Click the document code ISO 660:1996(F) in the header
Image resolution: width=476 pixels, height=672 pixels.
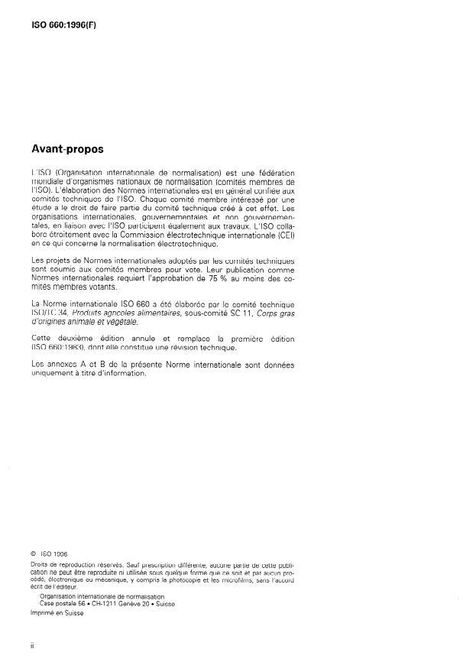coord(64,24)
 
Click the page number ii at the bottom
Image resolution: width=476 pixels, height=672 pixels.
coord(33,647)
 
